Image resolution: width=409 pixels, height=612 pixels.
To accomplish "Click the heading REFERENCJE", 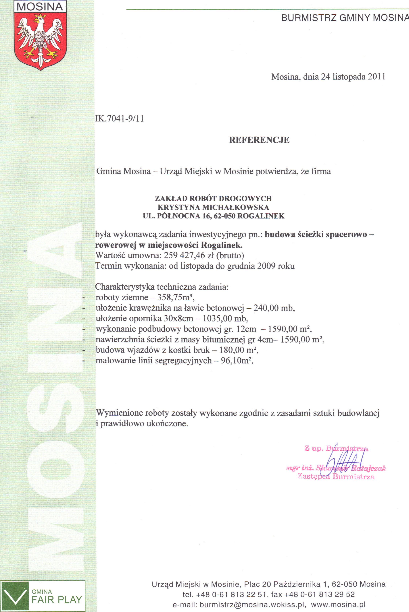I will pyautogui.click(x=259, y=140).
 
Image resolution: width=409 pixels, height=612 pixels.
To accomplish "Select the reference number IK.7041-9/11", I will pyautogui.click(x=120, y=119).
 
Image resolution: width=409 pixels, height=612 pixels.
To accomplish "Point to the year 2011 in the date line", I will pyautogui.click(x=376, y=77).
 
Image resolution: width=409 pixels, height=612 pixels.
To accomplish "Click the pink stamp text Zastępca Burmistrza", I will pyautogui.click(x=336, y=477).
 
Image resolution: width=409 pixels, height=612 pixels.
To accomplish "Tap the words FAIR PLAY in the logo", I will pyautogui.click(x=57, y=600).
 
